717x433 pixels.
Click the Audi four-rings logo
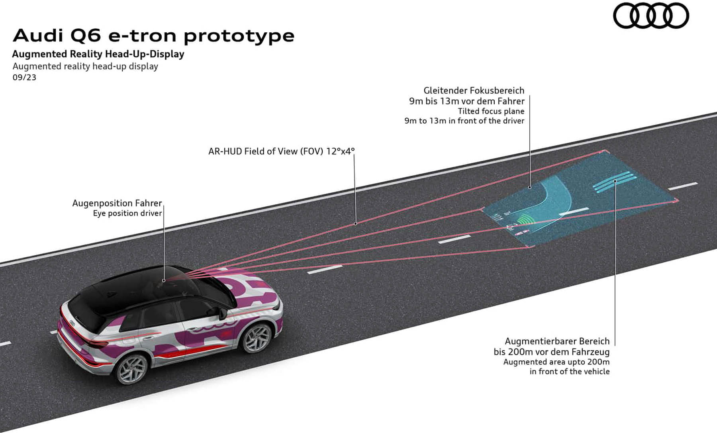pos(651,16)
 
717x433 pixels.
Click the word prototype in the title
pos(239,36)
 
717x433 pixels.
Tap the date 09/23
pos(24,77)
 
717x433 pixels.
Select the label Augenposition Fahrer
pos(117,203)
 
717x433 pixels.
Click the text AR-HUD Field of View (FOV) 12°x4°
pos(281,151)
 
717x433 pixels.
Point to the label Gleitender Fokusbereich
pos(474,90)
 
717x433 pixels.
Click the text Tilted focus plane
pos(491,111)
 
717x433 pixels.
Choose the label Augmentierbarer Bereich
pos(557,341)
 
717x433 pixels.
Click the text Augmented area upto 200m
pos(556,362)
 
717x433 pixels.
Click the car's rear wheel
pos(131,368)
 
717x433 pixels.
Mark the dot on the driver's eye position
pos(164,280)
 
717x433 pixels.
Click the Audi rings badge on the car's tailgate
pos(72,323)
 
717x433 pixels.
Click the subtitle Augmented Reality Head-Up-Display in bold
pos(98,54)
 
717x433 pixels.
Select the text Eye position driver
pos(127,214)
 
